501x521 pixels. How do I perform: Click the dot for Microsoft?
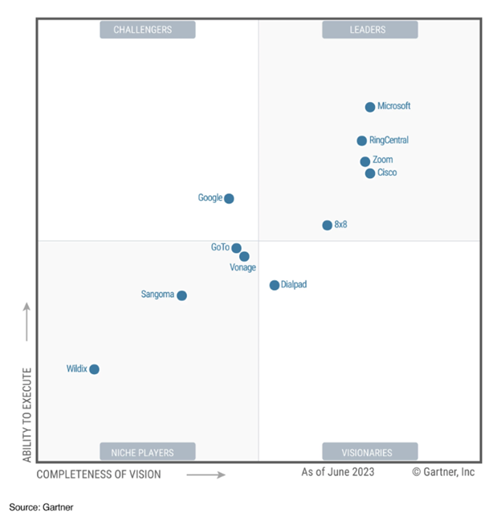[x=370, y=107]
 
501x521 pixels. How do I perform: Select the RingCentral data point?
[x=362, y=140]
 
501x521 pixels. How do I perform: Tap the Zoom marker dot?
[x=365, y=161]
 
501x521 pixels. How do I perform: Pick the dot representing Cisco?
[x=370, y=173]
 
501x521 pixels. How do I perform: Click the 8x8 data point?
[x=328, y=226]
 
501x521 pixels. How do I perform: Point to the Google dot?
[x=229, y=198]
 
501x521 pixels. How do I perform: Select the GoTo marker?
[x=237, y=248]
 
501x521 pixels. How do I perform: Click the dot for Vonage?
[x=244, y=257]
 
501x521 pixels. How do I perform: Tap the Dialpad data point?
[x=275, y=285]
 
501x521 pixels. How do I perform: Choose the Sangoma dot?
[x=181, y=295]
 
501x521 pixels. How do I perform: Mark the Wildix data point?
[x=94, y=369]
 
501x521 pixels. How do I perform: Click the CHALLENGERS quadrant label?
[x=147, y=30]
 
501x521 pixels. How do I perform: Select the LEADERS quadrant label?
[x=369, y=30]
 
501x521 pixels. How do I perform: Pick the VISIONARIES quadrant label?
[x=369, y=452]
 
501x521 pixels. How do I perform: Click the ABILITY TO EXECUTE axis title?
[x=26, y=414]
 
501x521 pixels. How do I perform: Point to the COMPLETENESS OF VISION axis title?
[x=99, y=474]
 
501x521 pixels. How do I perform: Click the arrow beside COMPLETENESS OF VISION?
[x=207, y=474]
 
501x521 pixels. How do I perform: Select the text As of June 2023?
[x=338, y=472]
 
